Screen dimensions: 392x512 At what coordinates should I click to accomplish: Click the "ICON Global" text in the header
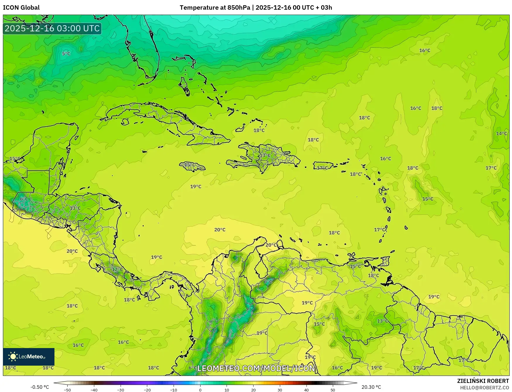(21, 8)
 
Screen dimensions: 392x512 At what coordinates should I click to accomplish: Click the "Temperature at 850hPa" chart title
(215, 8)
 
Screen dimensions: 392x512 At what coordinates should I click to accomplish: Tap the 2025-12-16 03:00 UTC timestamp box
(52, 28)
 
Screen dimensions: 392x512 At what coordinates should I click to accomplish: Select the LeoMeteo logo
(29, 357)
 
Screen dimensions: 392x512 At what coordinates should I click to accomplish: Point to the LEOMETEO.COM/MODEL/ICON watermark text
(256, 368)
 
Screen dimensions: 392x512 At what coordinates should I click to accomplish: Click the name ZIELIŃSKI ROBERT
(483, 381)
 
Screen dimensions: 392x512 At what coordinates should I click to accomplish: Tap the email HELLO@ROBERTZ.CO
(484, 388)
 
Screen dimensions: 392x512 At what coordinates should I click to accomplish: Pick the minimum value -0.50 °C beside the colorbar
(40, 387)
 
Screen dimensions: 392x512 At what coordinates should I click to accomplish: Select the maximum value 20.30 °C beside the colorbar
(371, 387)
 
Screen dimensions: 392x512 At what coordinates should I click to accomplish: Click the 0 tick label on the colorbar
(200, 390)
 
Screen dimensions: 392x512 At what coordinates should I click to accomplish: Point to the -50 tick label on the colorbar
(67, 390)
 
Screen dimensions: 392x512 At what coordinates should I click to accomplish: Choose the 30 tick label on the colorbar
(280, 390)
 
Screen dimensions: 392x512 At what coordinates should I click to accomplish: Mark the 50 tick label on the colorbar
(333, 390)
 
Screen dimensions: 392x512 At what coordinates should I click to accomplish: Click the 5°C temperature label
(66, 54)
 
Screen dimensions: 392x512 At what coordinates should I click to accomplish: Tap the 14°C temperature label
(501, 134)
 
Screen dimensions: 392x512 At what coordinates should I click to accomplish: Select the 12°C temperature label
(117, 269)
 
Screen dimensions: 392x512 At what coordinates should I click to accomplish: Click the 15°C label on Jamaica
(189, 165)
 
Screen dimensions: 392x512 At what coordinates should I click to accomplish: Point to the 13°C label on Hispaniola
(265, 155)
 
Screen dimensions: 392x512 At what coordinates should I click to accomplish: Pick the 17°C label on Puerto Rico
(322, 168)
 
